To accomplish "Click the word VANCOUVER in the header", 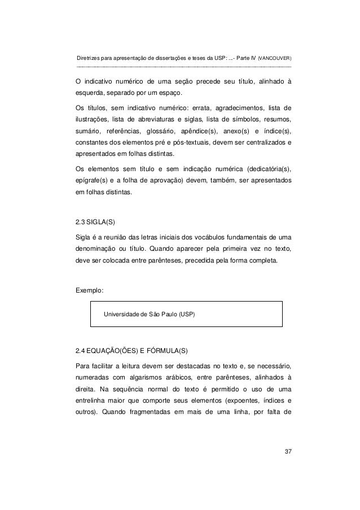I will tap(275, 59).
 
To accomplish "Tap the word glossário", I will tap(163, 131).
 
